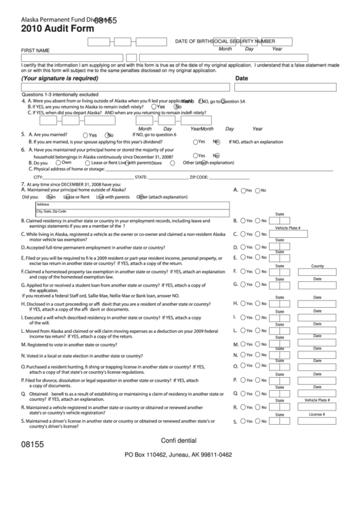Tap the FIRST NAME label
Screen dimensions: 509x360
35,50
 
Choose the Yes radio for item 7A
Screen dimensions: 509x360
243,190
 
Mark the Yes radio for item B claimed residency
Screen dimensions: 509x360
243,221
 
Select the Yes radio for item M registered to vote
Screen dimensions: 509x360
243,345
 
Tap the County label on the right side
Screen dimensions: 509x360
317,266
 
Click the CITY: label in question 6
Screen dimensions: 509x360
29,177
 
